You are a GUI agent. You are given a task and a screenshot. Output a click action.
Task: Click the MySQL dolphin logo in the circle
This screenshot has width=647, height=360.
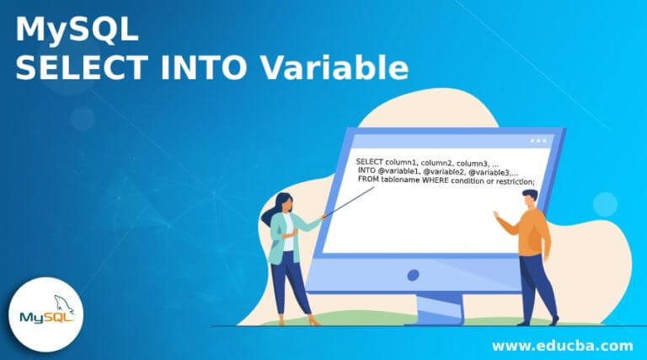(47, 315)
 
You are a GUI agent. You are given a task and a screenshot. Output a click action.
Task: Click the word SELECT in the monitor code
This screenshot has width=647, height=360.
(370, 161)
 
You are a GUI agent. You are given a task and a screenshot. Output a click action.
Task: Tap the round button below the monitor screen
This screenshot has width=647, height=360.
(413, 276)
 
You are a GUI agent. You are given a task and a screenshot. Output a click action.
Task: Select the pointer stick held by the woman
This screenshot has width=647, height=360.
(345, 201)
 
